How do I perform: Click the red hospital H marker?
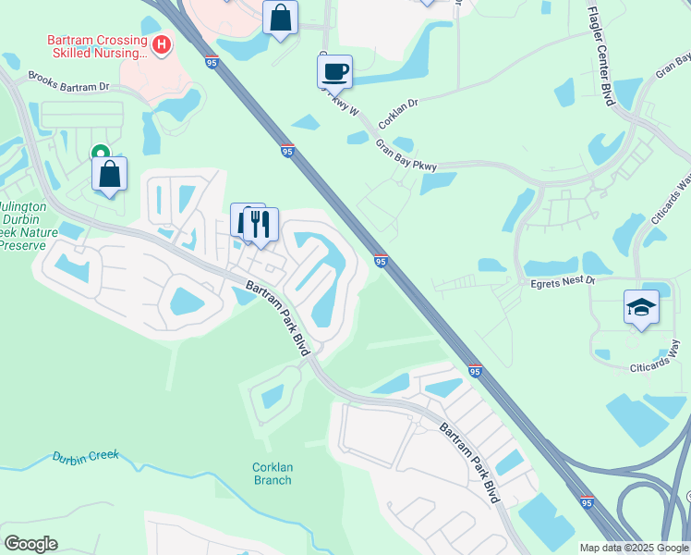coord(163,43)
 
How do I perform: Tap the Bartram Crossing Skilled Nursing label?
coord(97,47)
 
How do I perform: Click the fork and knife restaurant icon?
coord(260,223)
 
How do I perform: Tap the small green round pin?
coord(99,154)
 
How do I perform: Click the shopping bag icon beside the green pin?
coord(110,173)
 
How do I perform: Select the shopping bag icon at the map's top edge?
coord(281,17)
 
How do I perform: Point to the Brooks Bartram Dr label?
coord(68,82)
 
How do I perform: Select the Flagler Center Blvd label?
coord(601,55)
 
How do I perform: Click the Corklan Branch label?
coord(272,474)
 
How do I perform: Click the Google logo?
coord(30,543)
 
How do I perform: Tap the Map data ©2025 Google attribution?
coord(632,548)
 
